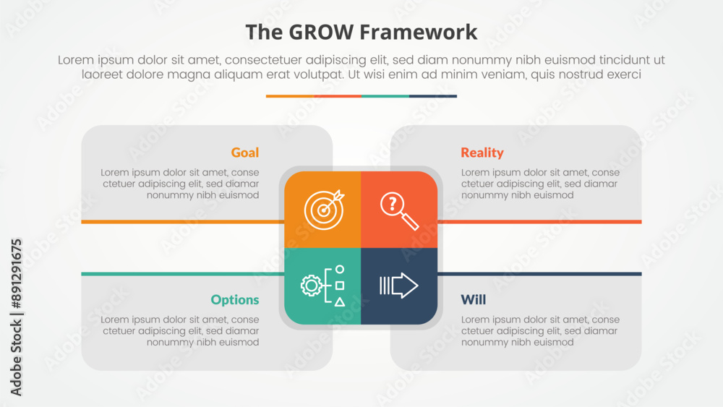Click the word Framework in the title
coord(418,33)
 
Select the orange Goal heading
coord(245,153)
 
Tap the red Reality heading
coord(482,153)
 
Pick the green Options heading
coord(235,300)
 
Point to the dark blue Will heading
coord(473,299)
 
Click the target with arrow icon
coord(324,209)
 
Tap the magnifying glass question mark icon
coord(399,210)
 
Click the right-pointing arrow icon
coord(399,286)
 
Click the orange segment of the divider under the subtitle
coord(290,96)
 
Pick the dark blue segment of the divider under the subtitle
coord(433,96)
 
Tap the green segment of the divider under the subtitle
coord(385,96)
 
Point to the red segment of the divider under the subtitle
coord(338,96)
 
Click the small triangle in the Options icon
coord(340,302)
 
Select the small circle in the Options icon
coord(340,269)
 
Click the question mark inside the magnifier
coord(393,203)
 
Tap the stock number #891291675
coord(16,273)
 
